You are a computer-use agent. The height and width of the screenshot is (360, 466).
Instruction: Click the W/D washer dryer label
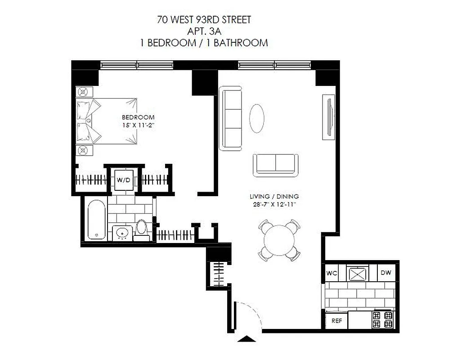124,180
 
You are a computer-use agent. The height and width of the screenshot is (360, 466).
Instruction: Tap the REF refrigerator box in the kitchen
336,321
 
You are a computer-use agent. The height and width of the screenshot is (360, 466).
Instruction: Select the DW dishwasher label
386,273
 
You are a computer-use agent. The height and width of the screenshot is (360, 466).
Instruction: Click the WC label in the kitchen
332,273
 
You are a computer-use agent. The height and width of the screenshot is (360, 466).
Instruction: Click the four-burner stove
382,320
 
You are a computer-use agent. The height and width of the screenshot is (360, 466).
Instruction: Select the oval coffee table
257,118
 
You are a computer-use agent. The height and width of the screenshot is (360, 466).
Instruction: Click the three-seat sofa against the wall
231,118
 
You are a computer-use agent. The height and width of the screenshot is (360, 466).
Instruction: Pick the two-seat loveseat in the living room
276,164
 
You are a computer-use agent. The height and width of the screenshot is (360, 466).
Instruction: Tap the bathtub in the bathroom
96,220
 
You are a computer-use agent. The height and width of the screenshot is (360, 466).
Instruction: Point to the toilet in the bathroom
142,228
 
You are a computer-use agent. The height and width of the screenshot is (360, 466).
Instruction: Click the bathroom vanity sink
122,234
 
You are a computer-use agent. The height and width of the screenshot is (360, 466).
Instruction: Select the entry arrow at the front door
246,339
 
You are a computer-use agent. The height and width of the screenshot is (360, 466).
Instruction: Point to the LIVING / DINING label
274,197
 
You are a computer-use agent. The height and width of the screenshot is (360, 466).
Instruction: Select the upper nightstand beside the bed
84,92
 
